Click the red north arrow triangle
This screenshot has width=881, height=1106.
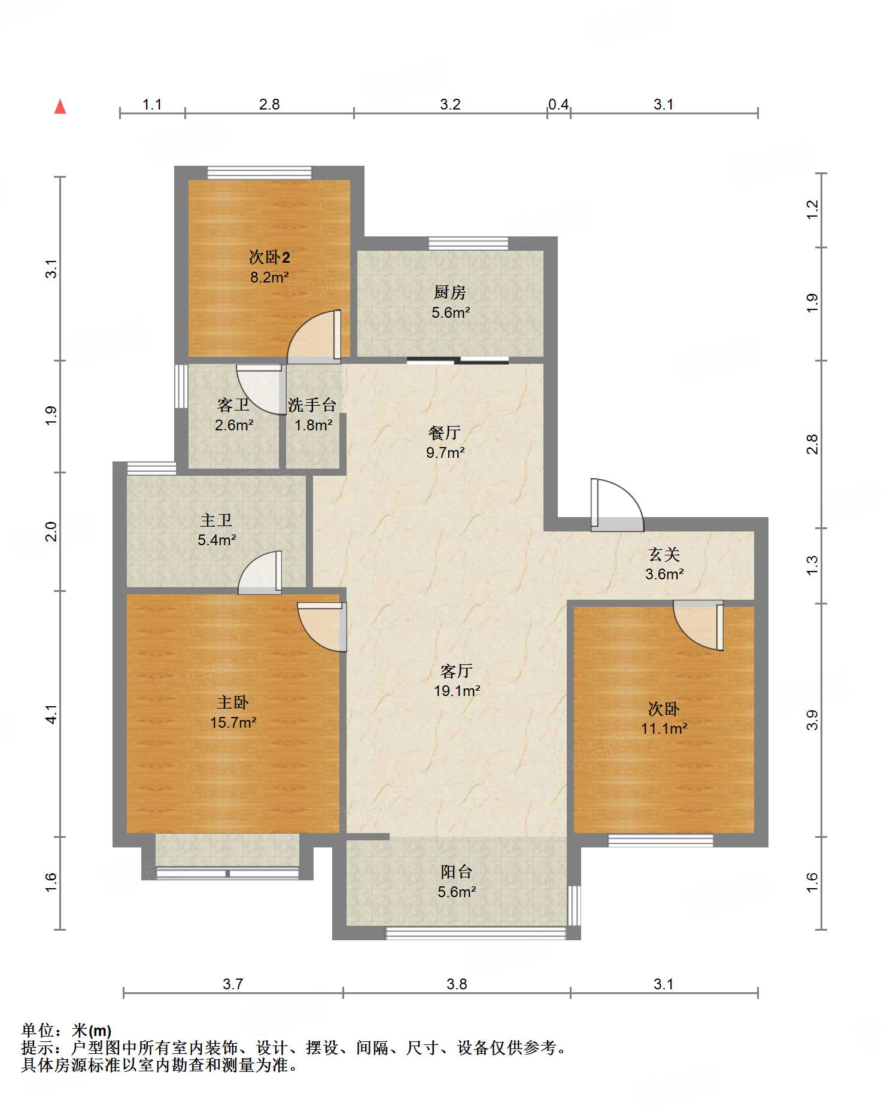[x=60, y=107]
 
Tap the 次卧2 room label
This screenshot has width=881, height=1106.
[x=269, y=257]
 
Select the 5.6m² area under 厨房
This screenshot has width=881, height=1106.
[x=451, y=312]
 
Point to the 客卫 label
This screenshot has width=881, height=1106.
[x=233, y=405]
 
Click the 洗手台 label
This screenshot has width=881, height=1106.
[x=312, y=405]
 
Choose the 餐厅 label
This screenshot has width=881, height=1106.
[x=445, y=433]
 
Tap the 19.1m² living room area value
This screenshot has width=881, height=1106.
[x=457, y=691]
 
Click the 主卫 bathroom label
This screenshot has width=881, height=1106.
[x=216, y=520]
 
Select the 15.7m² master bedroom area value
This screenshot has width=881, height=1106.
[x=233, y=722]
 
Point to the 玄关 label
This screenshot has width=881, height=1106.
[x=664, y=555]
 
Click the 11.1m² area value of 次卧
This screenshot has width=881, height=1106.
[x=664, y=728]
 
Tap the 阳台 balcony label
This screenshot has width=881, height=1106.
[x=457, y=872]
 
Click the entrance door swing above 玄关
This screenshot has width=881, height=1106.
[x=617, y=505]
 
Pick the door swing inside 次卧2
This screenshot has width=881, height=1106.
[x=314, y=337]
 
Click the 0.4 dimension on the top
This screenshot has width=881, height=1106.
[x=558, y=105]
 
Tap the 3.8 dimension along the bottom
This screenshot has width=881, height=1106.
[x=457, y=985]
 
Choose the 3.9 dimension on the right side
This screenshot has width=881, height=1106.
[x=812, y=720]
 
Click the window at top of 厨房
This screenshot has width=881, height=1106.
[x=469, y=244]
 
